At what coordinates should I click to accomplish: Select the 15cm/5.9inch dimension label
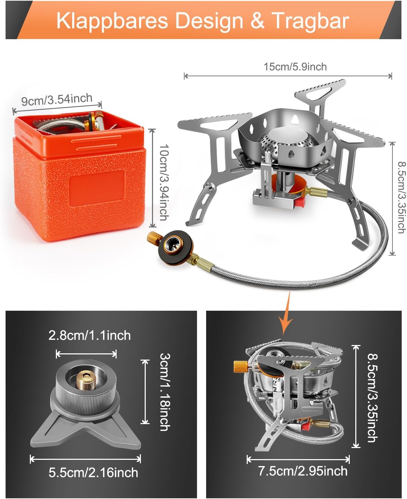click(295, 67)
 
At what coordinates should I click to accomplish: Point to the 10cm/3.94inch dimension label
click(164, 182)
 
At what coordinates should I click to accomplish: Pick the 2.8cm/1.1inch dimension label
click(90, 335)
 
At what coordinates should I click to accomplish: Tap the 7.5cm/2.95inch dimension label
click(303, 471)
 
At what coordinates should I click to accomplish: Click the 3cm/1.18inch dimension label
click(165, 392)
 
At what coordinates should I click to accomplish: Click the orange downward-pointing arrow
click(286, 313)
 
